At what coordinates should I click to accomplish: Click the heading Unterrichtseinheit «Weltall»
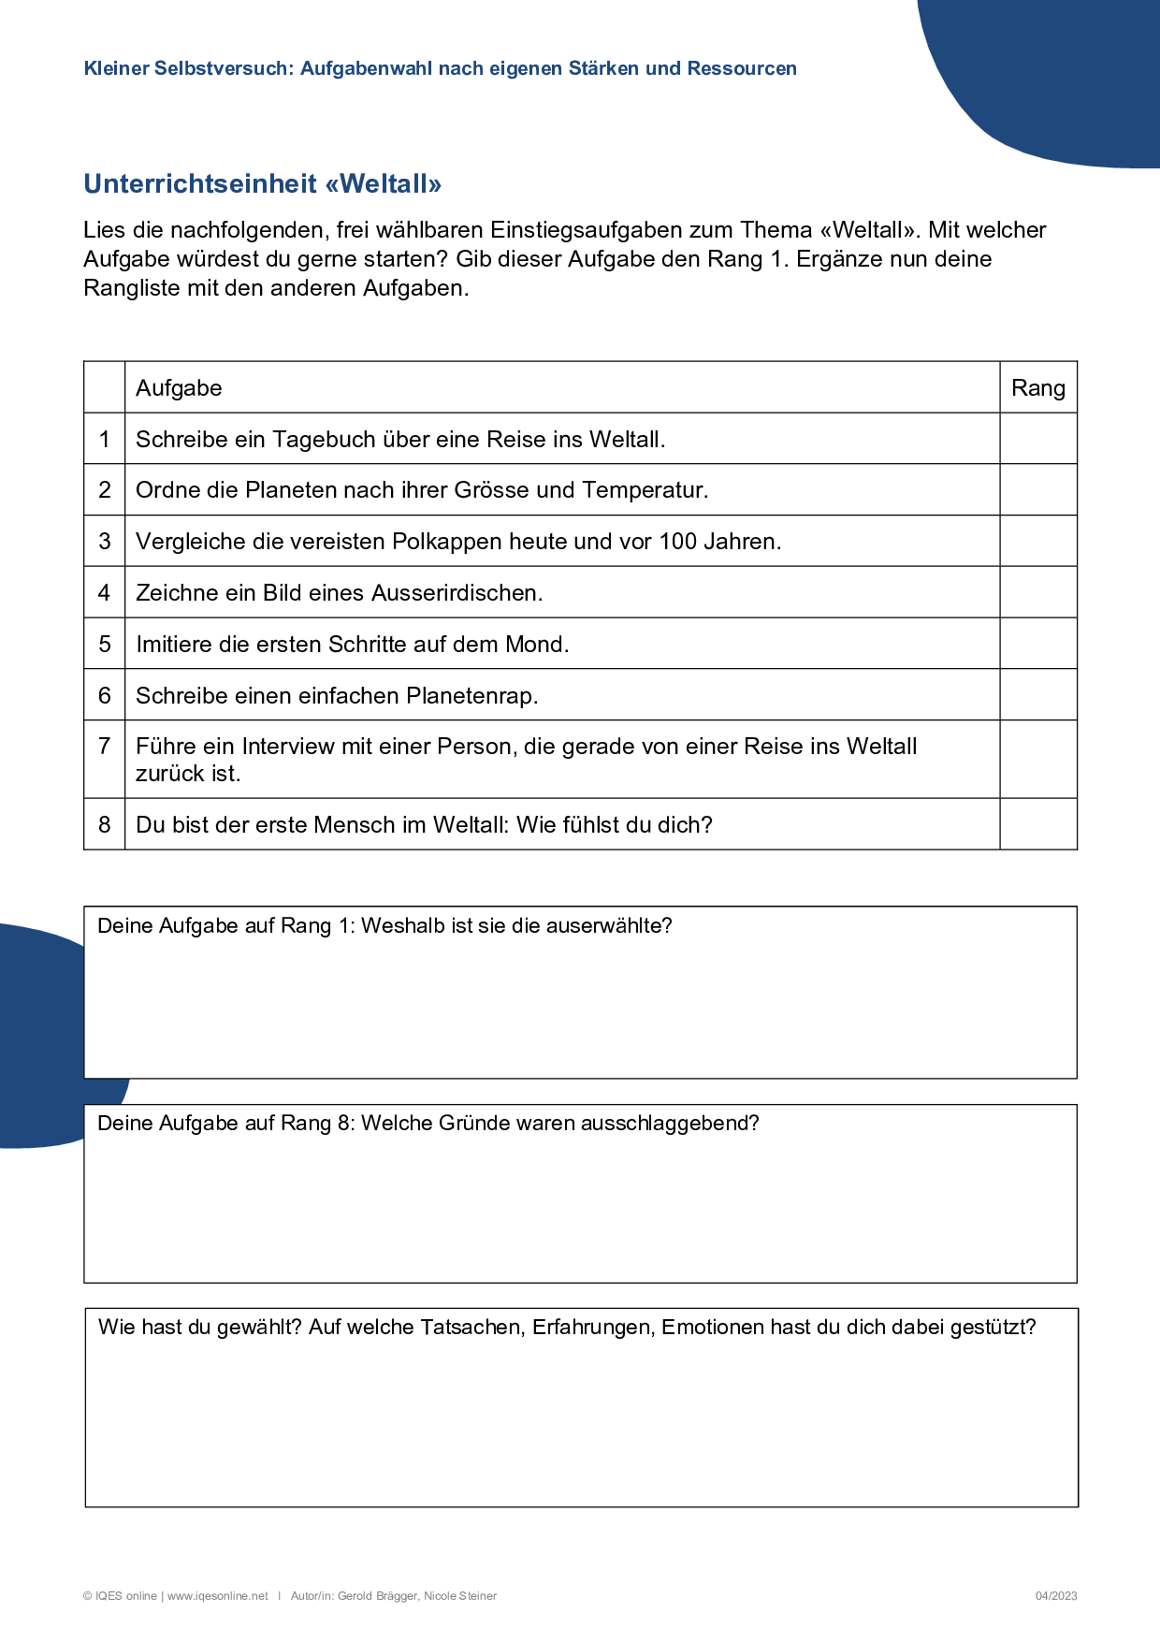[262, 183]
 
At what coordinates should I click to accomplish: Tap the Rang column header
[1037, 387]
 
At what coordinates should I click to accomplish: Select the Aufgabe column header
[179, 387]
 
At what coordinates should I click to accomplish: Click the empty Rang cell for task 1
[1037, 439]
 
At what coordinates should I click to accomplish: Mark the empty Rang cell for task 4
[1037, 592]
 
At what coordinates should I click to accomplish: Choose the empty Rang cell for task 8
[1037, 824]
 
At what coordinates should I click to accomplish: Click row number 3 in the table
[105, 541]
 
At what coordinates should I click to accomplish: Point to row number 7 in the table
[105, 746]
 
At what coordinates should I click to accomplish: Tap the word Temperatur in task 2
[645, 489]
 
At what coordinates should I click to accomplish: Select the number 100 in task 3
[678, 541]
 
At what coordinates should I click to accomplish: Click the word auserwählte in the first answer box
[608, 925]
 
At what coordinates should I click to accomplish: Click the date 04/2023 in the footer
[1055, 1596]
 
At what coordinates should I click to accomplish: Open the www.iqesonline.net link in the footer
[218, 1596]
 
